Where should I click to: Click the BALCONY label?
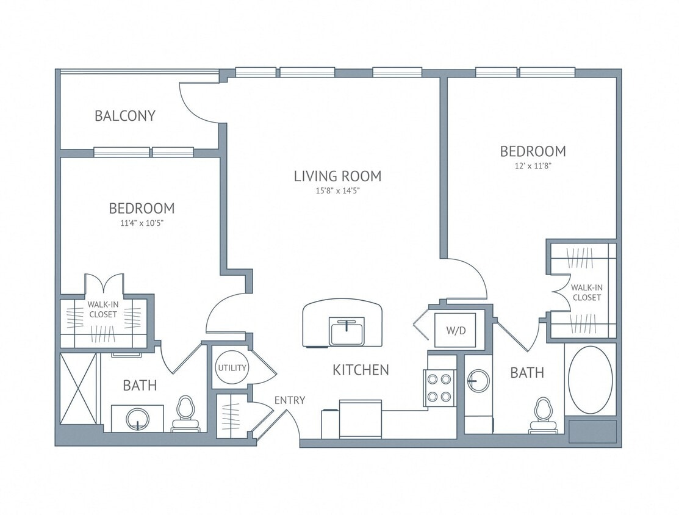click(x=125, y=115)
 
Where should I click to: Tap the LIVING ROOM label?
click(x=337, y=176)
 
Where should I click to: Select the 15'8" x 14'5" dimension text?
click(x=337, y=191)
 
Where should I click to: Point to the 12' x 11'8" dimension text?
click(x=533, y=165)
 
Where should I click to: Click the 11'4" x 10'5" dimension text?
click(x=141, y=223)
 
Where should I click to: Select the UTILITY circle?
click(x=232, y=368)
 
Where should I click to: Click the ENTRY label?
click(x=289, y=400)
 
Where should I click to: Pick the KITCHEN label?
click(x=361, y=370)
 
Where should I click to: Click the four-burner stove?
click(x=440, y=388)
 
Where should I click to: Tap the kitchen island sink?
click(x=345, y=331)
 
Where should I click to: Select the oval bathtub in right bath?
click(x=590, y=380)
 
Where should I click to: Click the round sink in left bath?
click(x=137, y=419)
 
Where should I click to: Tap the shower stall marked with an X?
click(x=79, y=388)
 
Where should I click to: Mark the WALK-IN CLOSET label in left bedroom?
click(x=102, y=309)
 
